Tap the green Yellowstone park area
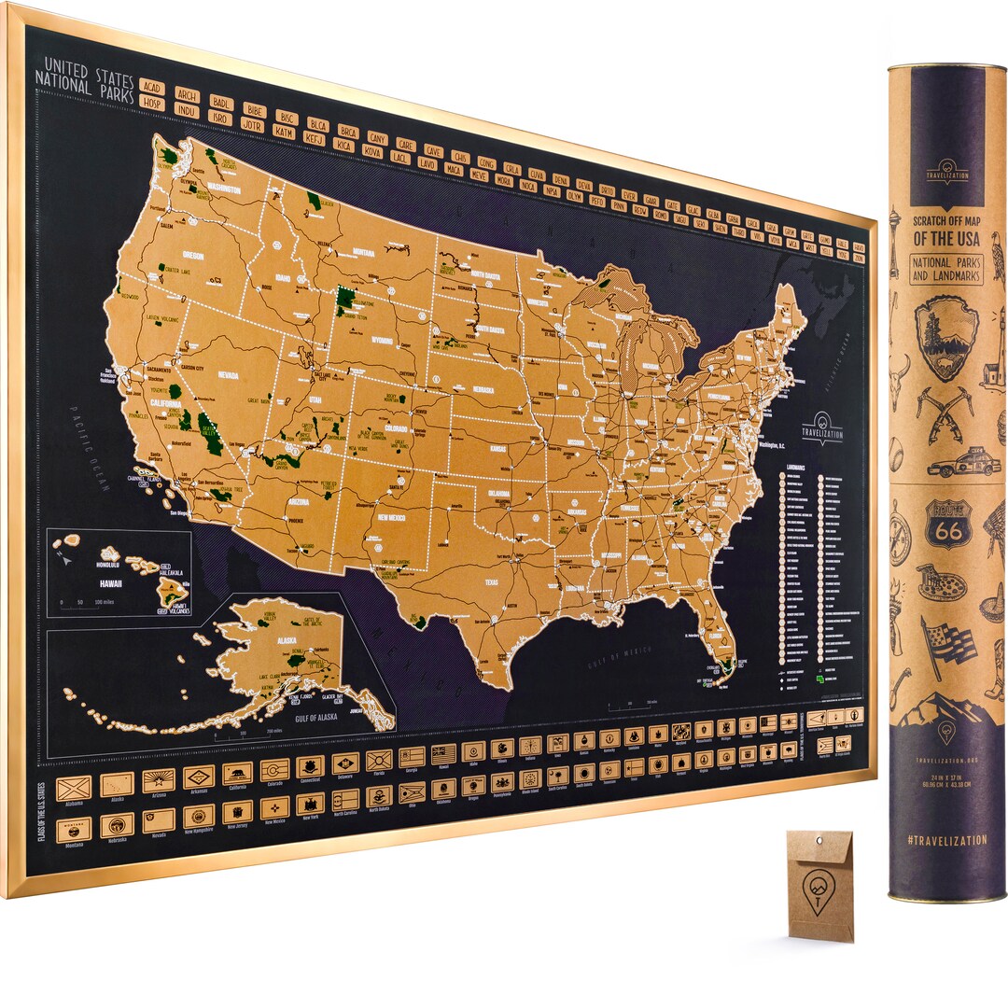346,301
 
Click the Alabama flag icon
73,789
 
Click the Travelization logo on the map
821,428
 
